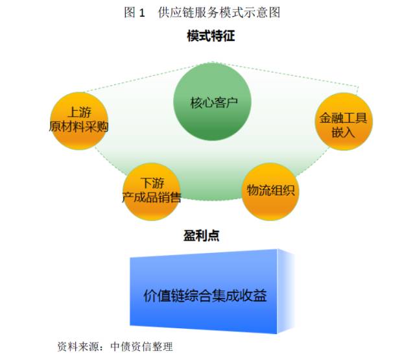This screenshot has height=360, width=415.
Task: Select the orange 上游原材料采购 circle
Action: [78, 120]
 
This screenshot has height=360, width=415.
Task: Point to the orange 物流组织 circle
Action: [270, 190]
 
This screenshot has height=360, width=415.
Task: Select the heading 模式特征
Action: [211, 36]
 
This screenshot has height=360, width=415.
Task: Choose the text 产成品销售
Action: [151, 197]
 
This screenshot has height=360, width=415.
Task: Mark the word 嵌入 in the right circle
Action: [344, 132]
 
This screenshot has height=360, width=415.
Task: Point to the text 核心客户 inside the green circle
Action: [211, 103]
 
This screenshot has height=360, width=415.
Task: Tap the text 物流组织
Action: [270, 191]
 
